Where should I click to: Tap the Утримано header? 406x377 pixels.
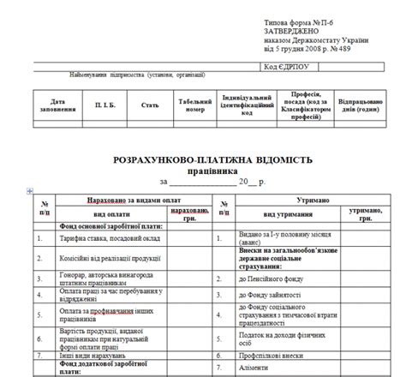[x=313, y=199]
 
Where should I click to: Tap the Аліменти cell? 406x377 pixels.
[x=257, y=368]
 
